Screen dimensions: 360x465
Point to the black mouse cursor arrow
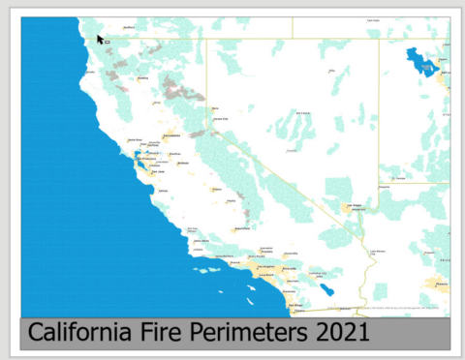click(x=100, y=40)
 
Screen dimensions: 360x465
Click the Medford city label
click(x=128, y=27)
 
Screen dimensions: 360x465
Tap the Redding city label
click(x=142, y=77)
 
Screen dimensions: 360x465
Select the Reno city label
click(x=214, y=108)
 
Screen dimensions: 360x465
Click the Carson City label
click(x=220, y=119)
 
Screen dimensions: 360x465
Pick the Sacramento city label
click(x=172, y=136)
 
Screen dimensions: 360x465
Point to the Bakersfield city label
click(x=239, y=229)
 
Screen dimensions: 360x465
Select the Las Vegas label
click(x=356, y=206)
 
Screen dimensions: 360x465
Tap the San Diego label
click(x=296, y=306)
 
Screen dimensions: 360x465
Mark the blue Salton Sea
click(x=329, y=288)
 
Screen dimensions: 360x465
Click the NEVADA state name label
click(x=292, y=151)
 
